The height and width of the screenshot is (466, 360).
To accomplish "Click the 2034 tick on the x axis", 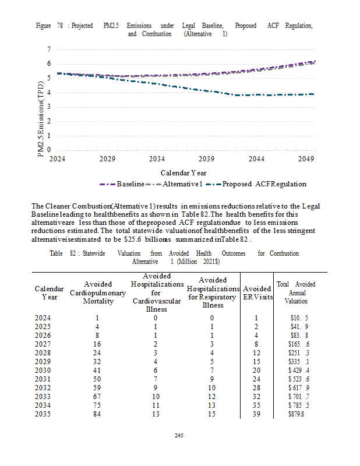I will [x=157, y=158].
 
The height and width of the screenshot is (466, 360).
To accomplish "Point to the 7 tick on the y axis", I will [x=49, y=50].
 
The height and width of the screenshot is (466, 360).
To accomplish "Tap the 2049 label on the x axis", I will [x=306, y=158].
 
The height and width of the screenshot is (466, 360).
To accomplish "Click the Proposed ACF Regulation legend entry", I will [x=264, y=184].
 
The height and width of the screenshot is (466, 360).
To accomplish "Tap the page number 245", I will [x=180, y=435].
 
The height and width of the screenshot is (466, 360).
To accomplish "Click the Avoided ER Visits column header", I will [x=256, y=292].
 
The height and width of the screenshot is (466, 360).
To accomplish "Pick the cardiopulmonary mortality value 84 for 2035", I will [x=97, y=414].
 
